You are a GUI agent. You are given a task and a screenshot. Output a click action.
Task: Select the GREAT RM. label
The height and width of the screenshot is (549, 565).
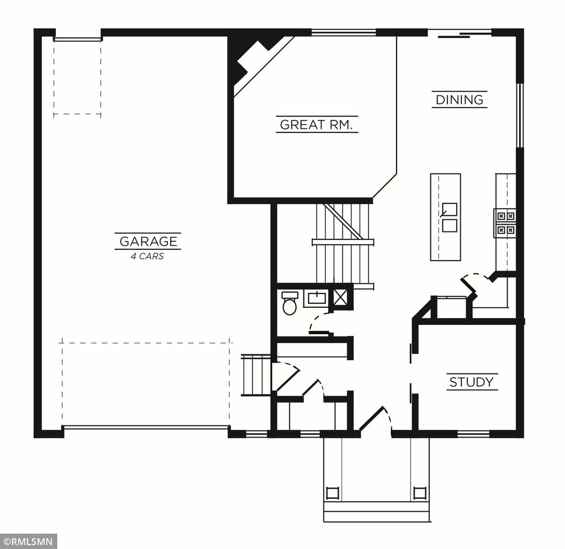[x=317, y=125]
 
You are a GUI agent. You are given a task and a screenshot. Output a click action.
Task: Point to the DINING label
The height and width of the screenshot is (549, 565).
[x=460, y=100]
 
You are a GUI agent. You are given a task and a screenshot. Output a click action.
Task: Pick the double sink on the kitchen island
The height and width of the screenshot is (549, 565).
[x=449, y=217]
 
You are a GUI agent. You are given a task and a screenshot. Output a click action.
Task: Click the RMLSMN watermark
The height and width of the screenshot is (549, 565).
[x=28, y=541]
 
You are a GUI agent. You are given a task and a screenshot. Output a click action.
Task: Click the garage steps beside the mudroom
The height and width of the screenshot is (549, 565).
[x=256, y=375]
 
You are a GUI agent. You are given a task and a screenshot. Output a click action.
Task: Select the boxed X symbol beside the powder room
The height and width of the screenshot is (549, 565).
[x=341, y=297]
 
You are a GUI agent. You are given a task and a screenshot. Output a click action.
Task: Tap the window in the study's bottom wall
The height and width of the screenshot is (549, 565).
[x=473, y=433]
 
